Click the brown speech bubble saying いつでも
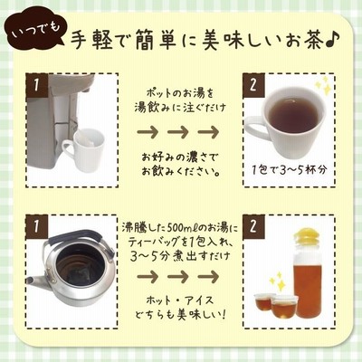[33, 33]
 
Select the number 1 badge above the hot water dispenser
[37, 85]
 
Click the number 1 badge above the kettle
[37, 226]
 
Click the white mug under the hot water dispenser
[84, 148]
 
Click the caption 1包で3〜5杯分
[290, 170]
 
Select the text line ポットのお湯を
[179, 94]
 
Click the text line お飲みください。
[180, 172]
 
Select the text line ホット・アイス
[180, 300]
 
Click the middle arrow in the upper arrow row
[178, 132]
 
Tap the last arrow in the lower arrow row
[208, 276]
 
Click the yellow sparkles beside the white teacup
[321, 84]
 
